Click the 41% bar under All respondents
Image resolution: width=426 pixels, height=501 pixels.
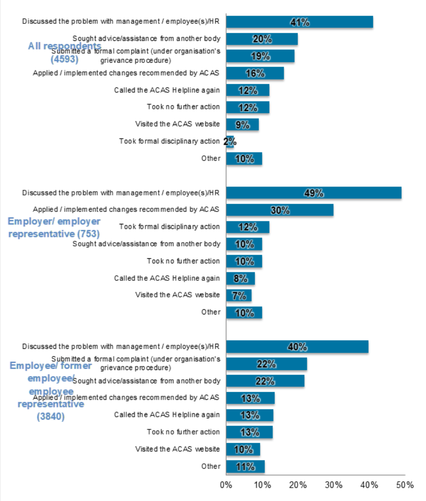point(299,22)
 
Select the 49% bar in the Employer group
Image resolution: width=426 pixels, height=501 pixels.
point(314,193)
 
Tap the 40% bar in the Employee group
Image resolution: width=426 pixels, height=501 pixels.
point(297,347)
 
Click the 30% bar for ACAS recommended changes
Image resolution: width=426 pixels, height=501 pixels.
point(280,210)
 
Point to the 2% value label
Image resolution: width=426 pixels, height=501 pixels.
point(230,142)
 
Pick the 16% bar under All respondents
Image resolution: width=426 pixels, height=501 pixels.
point(255,73)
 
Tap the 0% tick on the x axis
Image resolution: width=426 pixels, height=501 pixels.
point(226,485)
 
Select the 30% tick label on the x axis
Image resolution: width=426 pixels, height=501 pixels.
point(333,485)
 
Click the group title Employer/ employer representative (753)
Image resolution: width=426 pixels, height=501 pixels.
point(54,228)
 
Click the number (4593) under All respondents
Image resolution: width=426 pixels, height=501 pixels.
point(64,59)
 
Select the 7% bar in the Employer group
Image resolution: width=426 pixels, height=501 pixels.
point(239,295)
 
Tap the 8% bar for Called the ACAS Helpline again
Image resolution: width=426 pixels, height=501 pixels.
point(240,278)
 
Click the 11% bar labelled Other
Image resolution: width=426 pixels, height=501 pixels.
point(245,467)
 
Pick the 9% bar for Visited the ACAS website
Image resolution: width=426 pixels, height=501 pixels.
point(242,124)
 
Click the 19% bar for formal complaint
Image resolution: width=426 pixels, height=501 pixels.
point(260,56)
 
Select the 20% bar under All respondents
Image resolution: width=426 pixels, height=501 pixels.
point(262,39)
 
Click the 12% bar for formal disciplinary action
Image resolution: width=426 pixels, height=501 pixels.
point(247,227)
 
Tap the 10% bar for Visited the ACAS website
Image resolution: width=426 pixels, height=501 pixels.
point(243,449)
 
